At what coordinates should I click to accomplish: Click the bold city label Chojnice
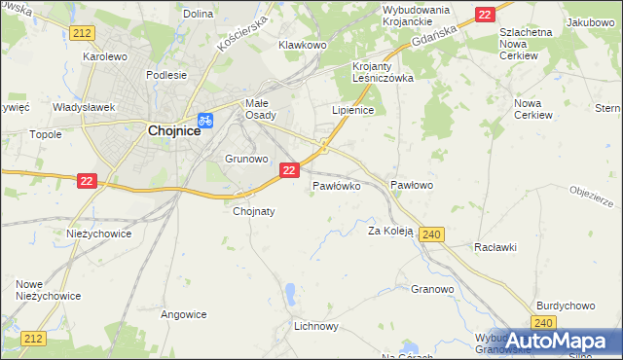click(x=174, y=129)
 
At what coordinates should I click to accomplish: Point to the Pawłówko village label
click(x=337, y=184)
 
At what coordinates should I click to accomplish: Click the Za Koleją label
click(x=391, y=231)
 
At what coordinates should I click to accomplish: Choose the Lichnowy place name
click(x=316, y=327)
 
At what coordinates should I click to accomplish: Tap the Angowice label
click(x=184, y=314)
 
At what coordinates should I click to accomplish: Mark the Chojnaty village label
click(x=254, y=210)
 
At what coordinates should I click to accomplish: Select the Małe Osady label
click(x=260, y=108)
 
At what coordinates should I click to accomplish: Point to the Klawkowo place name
click(x=301, y=45)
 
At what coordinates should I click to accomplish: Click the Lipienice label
click(x=353, y=111)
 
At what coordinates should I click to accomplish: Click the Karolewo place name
click(x=105, y=56)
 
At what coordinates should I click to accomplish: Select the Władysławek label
click(x=85, y=107)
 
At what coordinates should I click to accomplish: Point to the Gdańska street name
click(x=435, y=33)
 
